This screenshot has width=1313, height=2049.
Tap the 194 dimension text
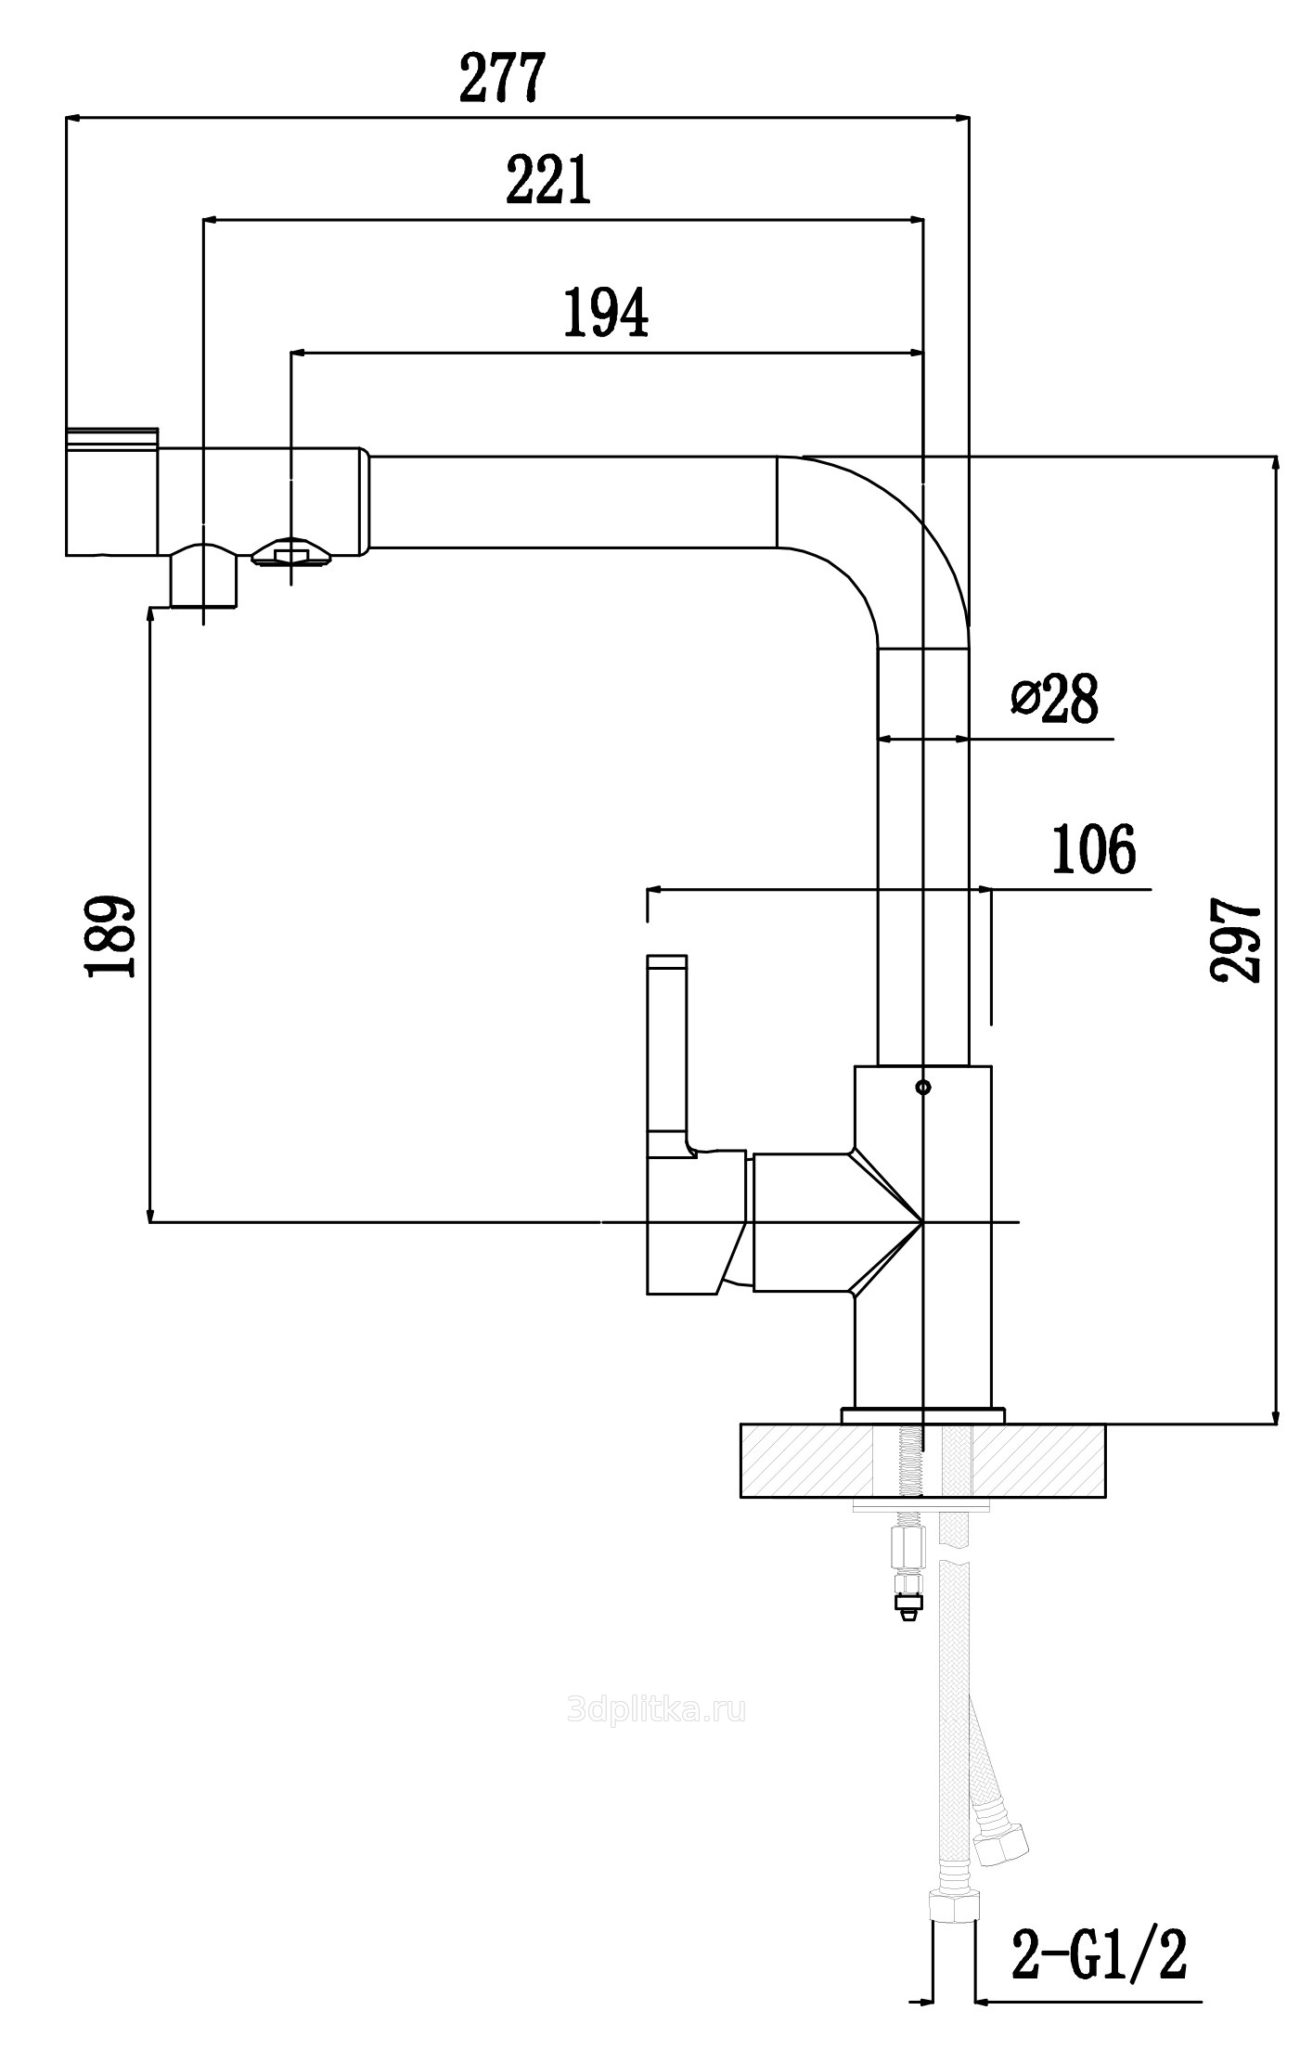(606, 313)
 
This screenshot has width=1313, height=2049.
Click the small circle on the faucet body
(921, 1087)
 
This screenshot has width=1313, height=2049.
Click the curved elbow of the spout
(891, 538)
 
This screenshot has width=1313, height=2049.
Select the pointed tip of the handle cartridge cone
(920, 1222)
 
